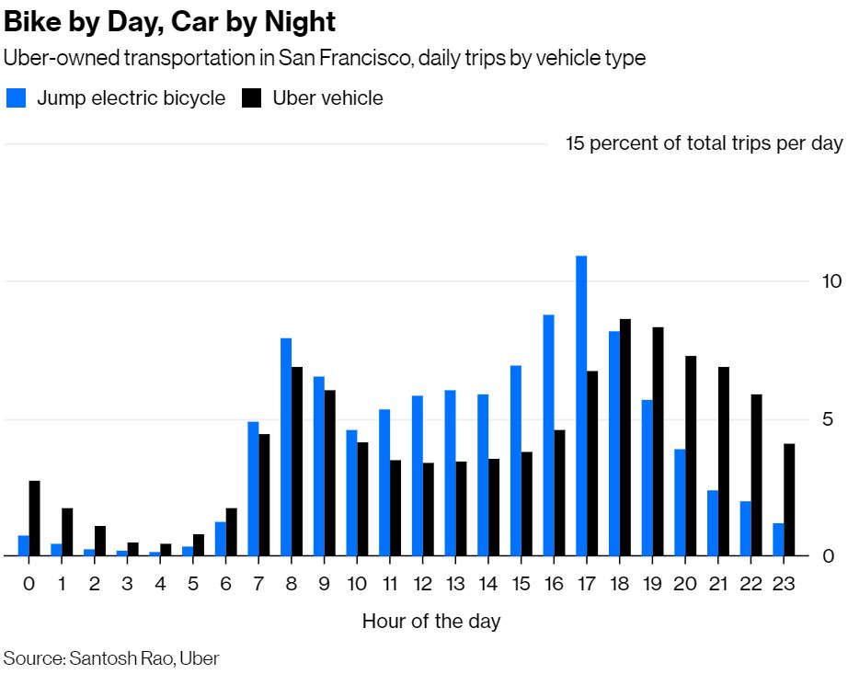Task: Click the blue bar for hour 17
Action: point(581,406)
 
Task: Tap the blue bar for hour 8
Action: point(286,447)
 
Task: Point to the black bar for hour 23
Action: point(789,499)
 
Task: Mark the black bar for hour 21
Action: point(724,462)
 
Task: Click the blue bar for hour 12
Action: point(418,475)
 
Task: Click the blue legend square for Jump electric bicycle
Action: point(16,98)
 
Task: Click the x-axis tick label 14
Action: point(488,584)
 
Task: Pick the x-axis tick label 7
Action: point(258,584)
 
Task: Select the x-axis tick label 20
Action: point(685,584)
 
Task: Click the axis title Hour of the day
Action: point(431,622)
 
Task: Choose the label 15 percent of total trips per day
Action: point(704,143)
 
